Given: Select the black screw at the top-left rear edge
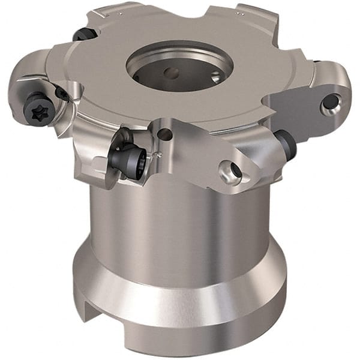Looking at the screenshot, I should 85,35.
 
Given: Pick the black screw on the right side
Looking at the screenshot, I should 285,145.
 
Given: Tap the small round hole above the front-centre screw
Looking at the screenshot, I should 165,135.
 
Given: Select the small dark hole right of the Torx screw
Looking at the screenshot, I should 61,94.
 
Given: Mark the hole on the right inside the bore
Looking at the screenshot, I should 214,76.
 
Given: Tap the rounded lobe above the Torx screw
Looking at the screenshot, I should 30,78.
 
